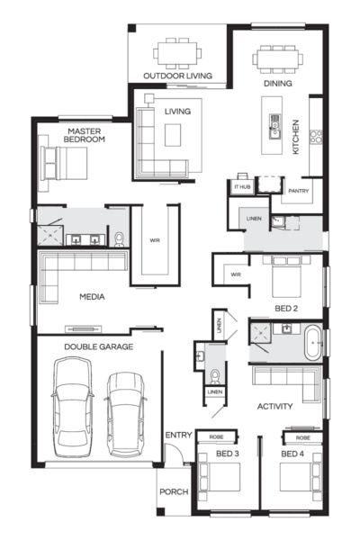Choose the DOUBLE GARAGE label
pos(99,346)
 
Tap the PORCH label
pos(175,492)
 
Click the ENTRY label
pos(178,436)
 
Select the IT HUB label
pos(241,187)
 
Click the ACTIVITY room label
pos(274,406)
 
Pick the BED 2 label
pos(287,308)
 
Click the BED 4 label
pos(292,454)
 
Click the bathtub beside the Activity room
pos(311,345)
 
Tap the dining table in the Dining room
pos(276,59)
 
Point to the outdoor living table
pos(176,52)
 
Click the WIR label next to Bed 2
pos(235,274)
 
